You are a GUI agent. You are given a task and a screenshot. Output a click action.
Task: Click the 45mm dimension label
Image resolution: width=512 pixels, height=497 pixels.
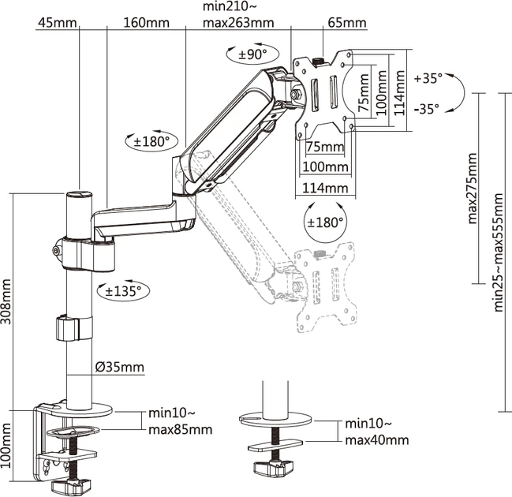(57, 23)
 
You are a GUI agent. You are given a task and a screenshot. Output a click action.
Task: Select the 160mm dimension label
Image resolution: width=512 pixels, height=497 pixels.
(146, 23)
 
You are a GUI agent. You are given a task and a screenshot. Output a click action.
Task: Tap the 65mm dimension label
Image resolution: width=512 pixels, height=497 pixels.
(347, 23)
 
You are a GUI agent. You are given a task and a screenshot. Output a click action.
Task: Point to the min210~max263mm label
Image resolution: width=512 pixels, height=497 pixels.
(238, 15)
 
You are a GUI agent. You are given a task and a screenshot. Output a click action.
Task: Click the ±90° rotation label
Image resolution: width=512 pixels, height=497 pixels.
(252, 54)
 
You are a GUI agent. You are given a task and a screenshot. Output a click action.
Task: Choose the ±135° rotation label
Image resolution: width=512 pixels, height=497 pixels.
(123, 290)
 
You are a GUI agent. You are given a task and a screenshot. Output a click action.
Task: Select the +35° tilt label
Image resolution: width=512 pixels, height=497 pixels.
(428, 79)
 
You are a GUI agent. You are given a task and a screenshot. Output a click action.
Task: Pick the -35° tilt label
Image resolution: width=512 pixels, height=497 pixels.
(427, 109)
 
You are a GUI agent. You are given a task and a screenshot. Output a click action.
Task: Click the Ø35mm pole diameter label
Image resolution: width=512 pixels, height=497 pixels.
(119, 367)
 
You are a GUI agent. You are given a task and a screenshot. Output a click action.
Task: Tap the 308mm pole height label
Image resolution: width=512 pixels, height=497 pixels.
(6, 301)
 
